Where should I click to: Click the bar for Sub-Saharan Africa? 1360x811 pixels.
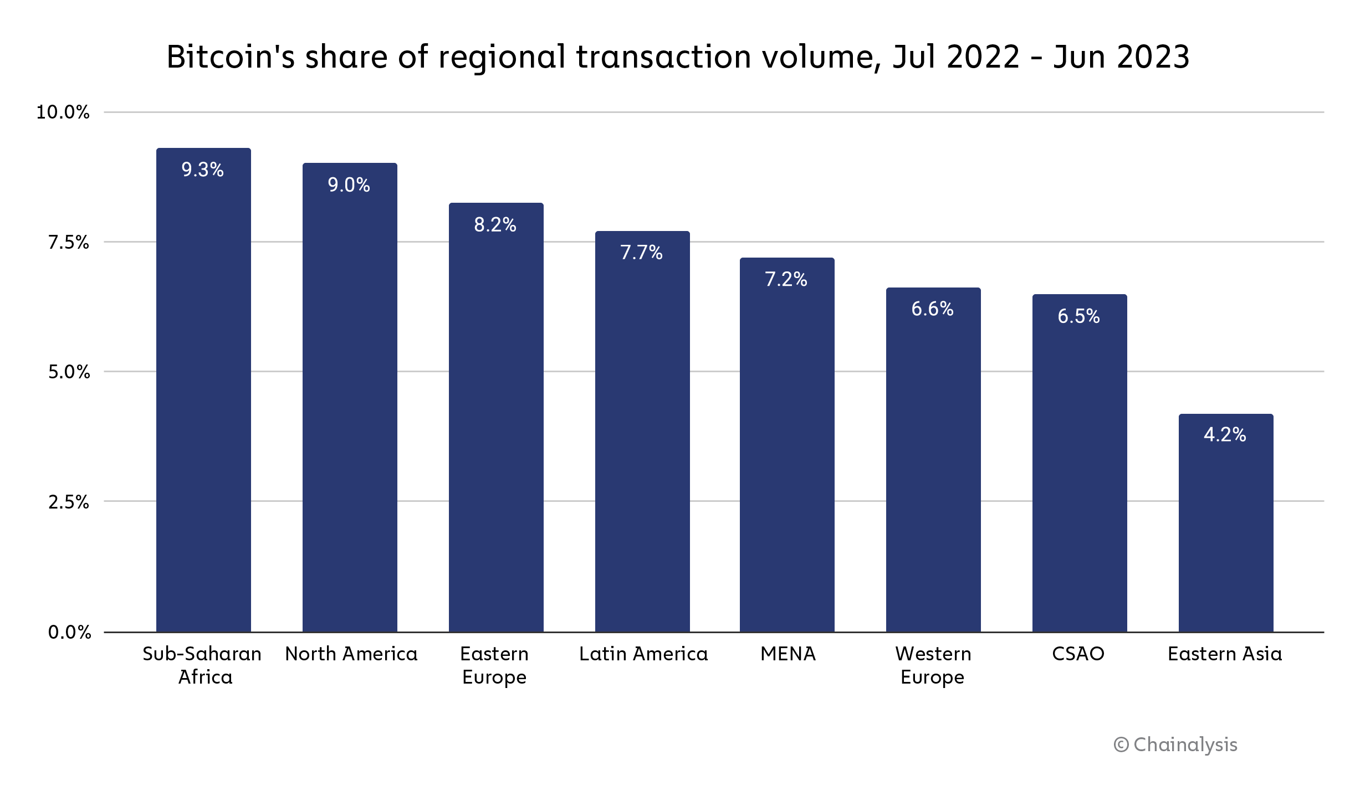pos(203,399)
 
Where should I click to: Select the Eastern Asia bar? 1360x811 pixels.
pos(1226,532)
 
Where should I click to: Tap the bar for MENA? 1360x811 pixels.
pos(787,454)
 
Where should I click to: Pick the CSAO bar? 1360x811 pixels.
pos(1080,471)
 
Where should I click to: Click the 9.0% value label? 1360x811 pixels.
pos(349,184)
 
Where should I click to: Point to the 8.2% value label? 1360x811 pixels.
pos(495,224)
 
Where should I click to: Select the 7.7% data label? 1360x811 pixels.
pos(641,253)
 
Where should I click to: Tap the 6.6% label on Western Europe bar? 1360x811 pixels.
pos(932,309)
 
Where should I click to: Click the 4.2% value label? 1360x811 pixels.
pos(1225,434)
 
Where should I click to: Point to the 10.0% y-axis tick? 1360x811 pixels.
pos(63,112)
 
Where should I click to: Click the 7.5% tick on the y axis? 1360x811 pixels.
pos(68,242)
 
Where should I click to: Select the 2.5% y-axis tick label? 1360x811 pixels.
pos(68,502)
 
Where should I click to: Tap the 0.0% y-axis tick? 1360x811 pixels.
pos(69,632)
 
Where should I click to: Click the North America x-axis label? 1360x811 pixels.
pos(351,654)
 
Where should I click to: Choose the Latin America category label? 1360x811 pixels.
pos(643,654)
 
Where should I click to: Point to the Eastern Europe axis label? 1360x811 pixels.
pos(494,665)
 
